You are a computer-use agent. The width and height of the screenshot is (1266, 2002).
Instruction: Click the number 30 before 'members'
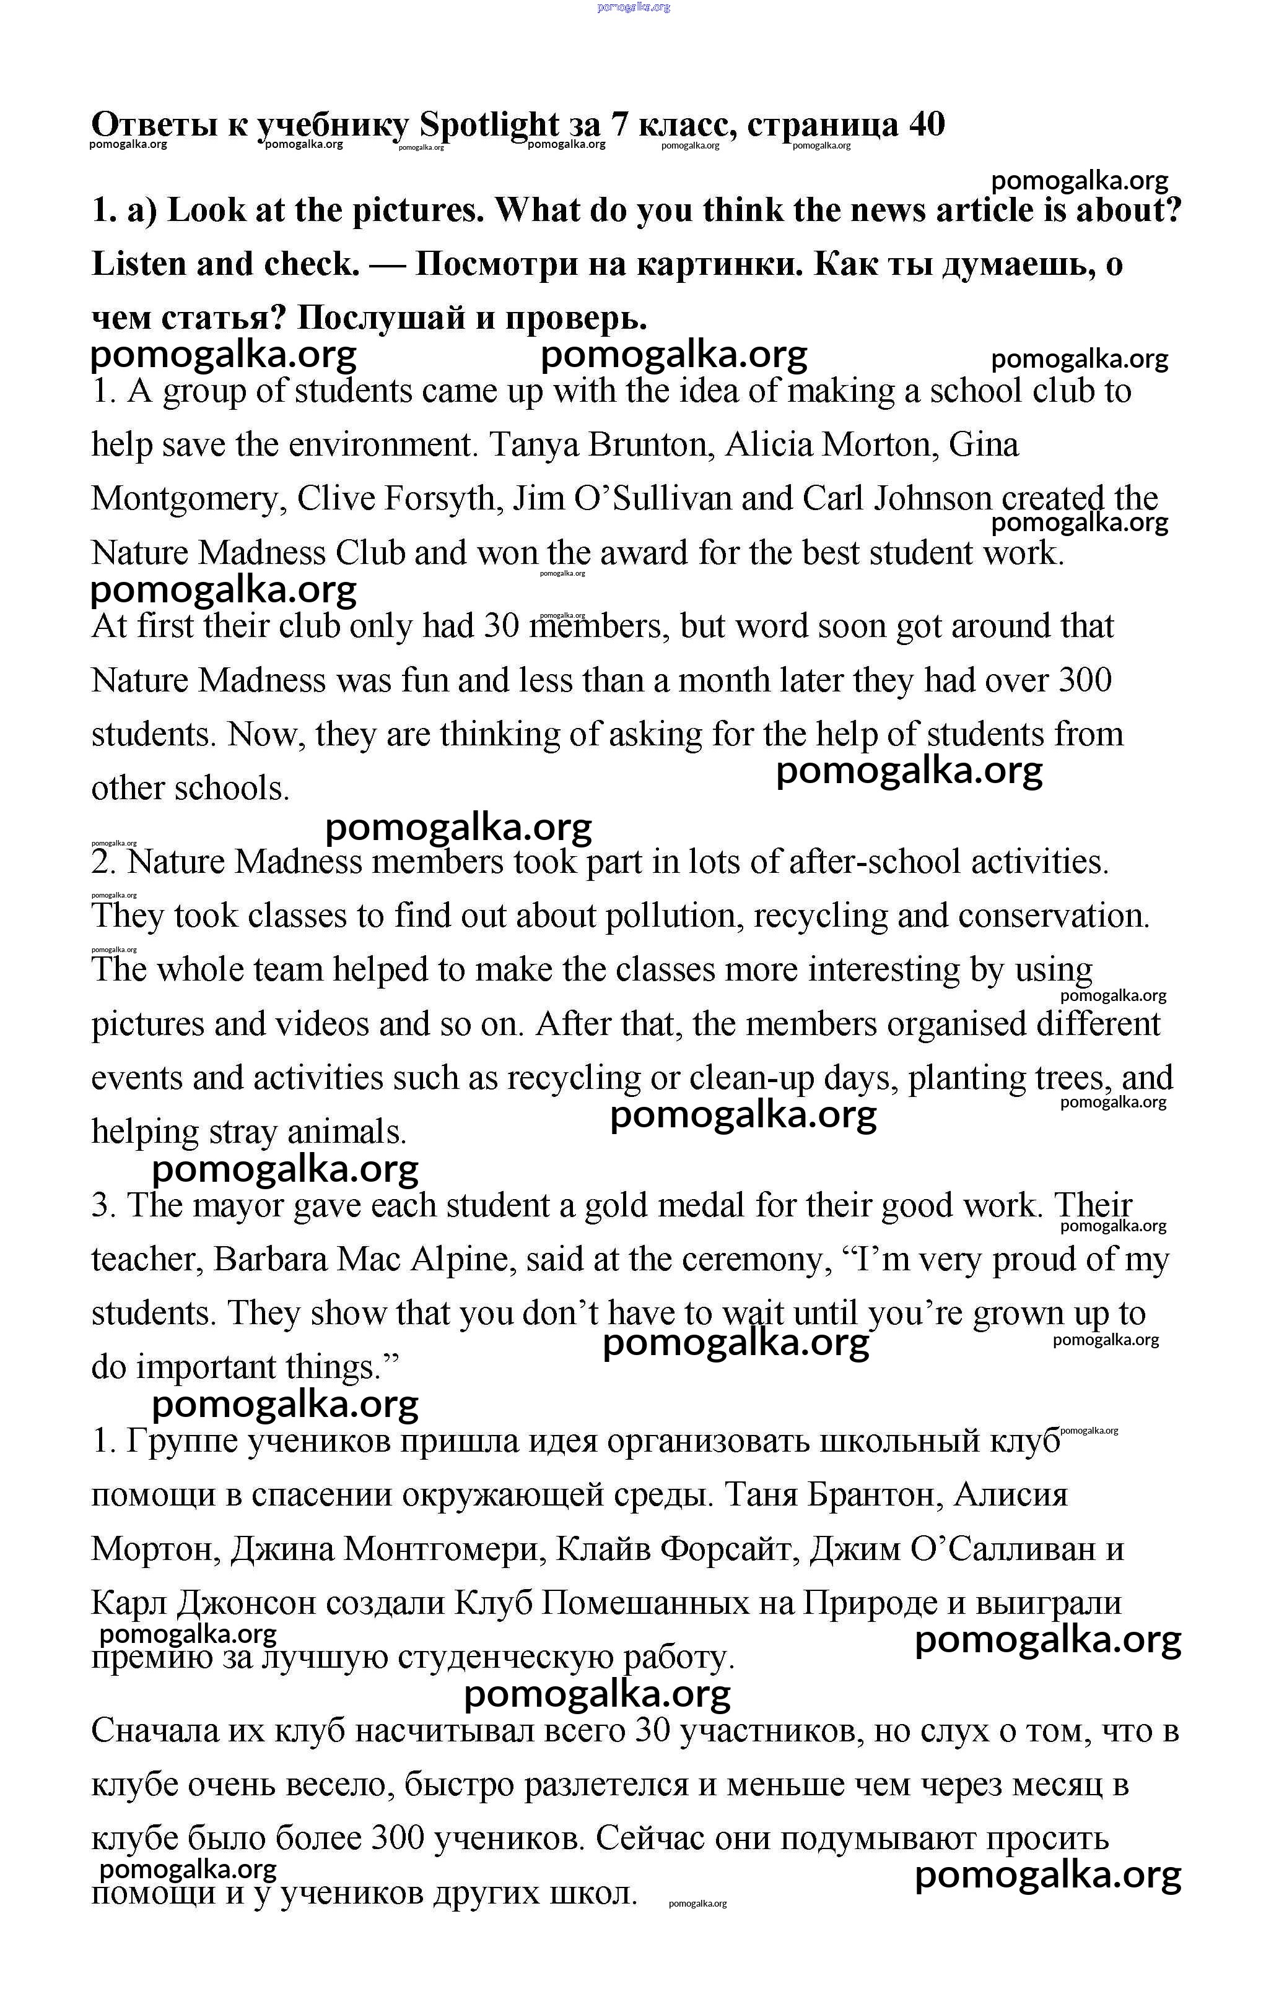tap(500, 626)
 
